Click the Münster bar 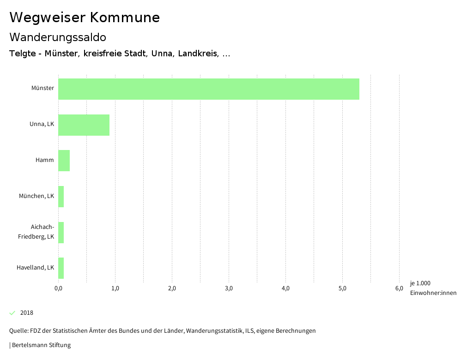click(209, 89)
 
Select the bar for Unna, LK click(84, 125)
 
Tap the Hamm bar click(64, 161)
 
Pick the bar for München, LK click(61, 197)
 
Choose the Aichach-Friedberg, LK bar click(61, 233)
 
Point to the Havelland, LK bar click(61, 268)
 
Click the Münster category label click(42, 88)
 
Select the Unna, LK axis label click(42, 124)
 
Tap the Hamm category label click(45, 160)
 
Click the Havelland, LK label click(35, 268)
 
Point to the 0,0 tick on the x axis click(59, 289)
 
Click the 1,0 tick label click(115, 289)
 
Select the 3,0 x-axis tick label click(229, 289)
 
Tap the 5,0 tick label click(342, 289)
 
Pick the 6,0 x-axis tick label click(399, 289)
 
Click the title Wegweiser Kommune click(85, 18)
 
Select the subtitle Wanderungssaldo click(58, 37)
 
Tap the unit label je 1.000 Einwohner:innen click(433, 288)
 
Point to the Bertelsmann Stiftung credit click(41, 345)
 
